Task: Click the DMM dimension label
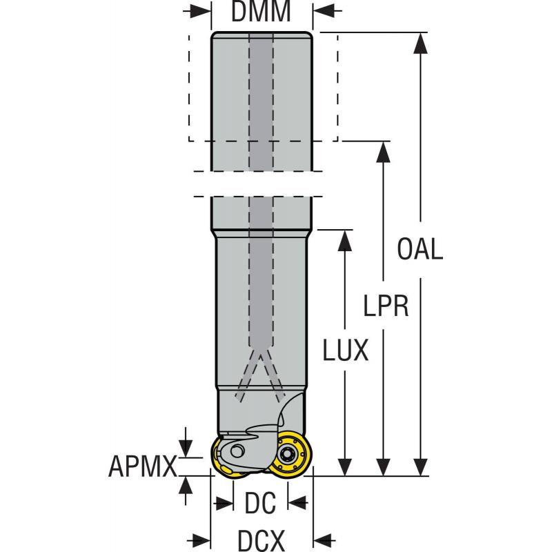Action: click(261, 12)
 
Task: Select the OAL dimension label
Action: click(420, 249)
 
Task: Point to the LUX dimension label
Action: click(346, 352)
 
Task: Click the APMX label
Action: click(143, 467)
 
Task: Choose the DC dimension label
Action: click(260, 503)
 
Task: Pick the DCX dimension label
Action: click(262, 540)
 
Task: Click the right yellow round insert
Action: click(288, 454)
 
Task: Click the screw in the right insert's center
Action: click(288, 453)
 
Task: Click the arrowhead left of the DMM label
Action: click(201, 12)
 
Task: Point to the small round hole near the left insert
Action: click(237, 451)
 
